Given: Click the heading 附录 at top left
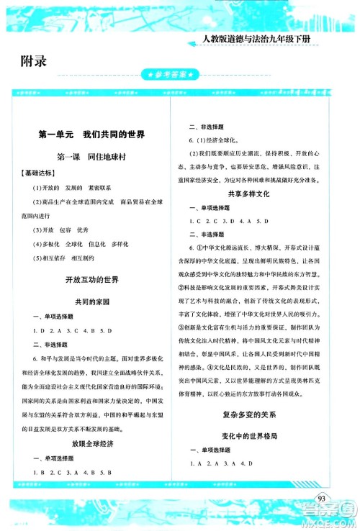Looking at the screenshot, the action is (33, 60).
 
